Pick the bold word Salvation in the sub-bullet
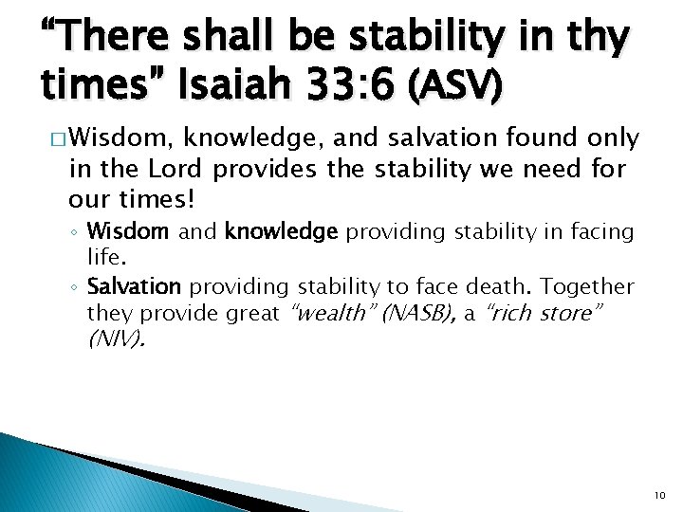coord(133,286)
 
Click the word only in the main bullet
coord(612,138)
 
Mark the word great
coord(251,313)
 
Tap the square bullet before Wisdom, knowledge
coord(57,140)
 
